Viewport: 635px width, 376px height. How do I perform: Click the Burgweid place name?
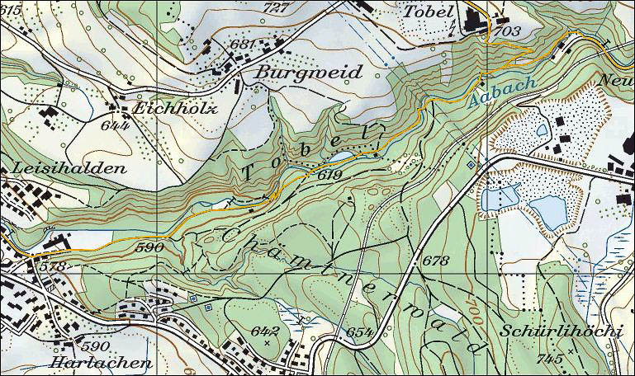point(309,73)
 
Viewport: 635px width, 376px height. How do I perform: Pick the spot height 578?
point(51,266)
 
